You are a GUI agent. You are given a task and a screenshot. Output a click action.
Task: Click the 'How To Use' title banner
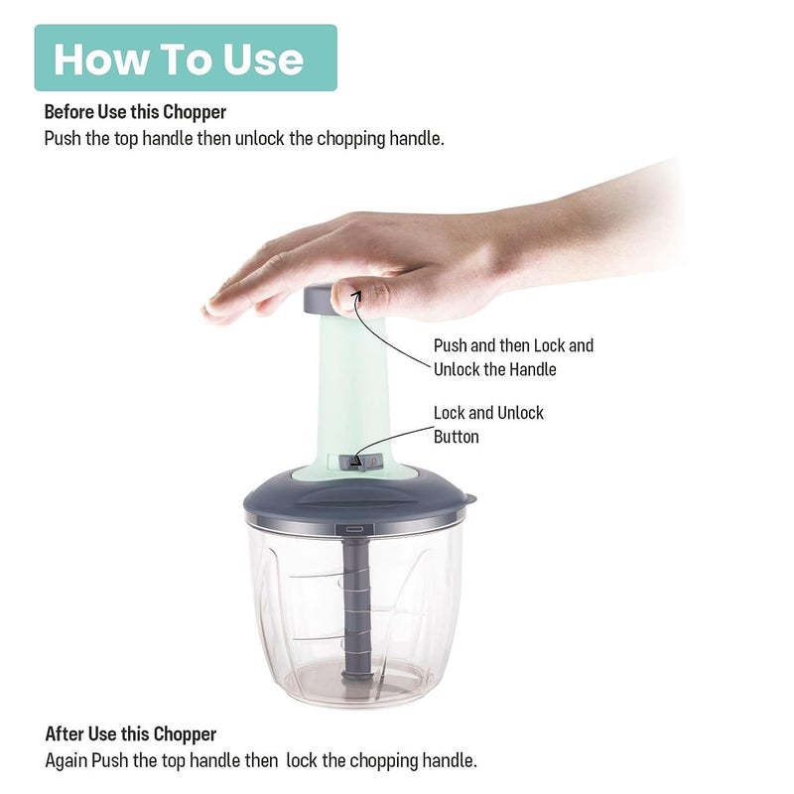[x=186, y=58]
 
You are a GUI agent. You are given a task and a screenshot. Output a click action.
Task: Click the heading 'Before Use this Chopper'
[x=135, y=112]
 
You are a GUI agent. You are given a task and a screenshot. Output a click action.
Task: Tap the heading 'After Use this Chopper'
[x=131, y=733]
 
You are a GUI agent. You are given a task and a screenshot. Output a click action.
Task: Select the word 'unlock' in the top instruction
[x=259, y=138]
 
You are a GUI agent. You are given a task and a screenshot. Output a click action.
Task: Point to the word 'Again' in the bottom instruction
[x=66, y=760]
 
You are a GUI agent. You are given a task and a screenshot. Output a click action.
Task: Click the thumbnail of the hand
[x=342, y=296]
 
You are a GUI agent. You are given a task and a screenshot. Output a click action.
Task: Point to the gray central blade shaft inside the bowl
[x=356, y=607]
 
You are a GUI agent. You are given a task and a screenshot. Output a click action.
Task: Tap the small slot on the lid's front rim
[x=354, y=529]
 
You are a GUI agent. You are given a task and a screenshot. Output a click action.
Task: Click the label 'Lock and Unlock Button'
[x=488, y=425]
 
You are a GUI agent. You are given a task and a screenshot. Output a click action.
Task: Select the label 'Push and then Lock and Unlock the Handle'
[x=513, y=357]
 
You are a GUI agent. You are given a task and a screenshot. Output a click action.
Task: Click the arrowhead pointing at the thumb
[x=357, y=294]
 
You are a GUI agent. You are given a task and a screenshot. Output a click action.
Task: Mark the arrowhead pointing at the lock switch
[x=355, y=461]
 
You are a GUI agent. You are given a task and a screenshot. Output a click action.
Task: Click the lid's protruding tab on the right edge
[x=469, y=499]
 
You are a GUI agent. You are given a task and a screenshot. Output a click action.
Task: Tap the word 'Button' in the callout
[x=457, y=437]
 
